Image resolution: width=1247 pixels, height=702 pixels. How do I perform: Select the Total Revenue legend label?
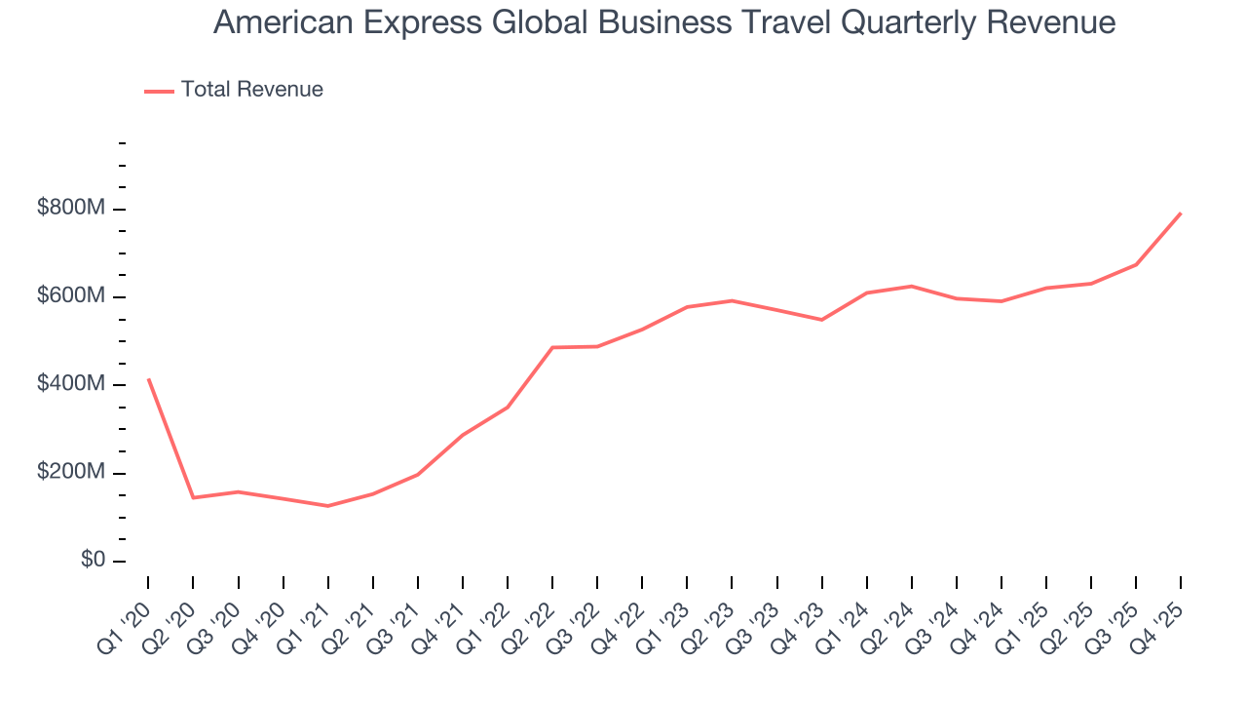[x=251, y=90]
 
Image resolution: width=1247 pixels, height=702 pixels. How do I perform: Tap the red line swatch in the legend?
[x=159, y=91]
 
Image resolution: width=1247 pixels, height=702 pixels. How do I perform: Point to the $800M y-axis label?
[x=72, y=210]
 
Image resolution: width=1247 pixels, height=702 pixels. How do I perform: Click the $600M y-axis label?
[x=72, y=297]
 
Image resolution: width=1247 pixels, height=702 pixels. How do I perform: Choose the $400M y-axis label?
[x=72, y=385]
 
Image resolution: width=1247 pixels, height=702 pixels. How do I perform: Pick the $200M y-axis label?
[x=72, y=473]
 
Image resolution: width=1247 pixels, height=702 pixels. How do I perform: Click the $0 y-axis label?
[x=94, y=561]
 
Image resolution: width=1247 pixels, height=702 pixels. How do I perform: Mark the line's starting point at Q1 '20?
[x=148, y=379]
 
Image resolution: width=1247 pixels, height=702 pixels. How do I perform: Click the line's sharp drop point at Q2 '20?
[x=193, y=497]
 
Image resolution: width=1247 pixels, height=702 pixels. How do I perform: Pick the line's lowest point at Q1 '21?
[x=328, y=506]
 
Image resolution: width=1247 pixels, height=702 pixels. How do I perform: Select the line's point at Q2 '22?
[x=552, y=347]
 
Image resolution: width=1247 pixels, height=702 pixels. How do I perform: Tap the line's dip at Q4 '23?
[x=822, y=320]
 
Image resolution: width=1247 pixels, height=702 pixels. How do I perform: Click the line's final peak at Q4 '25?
[x=1181, y=213]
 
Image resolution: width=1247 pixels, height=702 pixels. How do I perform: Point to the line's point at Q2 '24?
[x=912, y=286]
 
